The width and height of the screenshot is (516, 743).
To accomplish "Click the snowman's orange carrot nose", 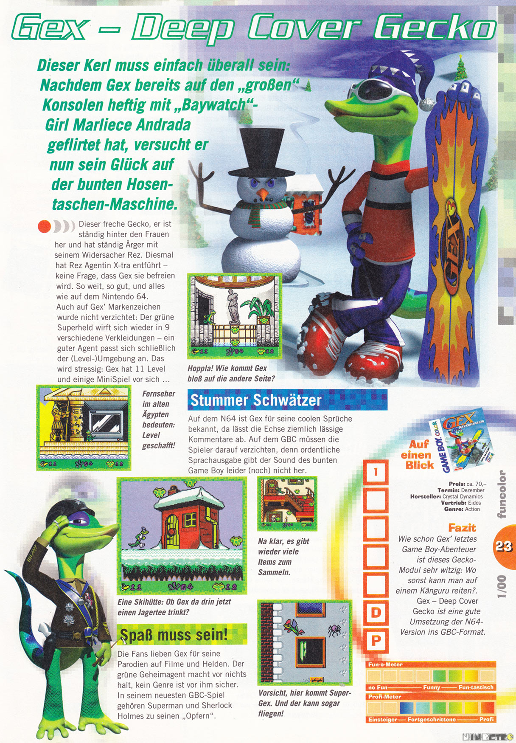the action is (264, 194).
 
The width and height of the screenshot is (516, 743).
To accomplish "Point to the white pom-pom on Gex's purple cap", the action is (425, 103).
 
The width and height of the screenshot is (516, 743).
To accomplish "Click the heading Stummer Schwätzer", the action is (256, 400).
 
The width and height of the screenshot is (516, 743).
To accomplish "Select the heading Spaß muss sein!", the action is (174, 635).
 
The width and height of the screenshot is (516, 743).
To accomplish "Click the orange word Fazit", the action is (462, 528).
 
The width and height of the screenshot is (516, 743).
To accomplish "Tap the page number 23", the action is (504, 546).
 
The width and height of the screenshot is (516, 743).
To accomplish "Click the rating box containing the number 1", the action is (376, 472).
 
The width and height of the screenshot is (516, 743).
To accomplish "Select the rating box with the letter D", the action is (376, 613).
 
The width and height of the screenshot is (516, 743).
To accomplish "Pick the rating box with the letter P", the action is (376, 640).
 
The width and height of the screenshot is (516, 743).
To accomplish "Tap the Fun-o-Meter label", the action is (385, 664).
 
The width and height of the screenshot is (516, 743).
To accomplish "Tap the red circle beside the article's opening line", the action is (44, 226).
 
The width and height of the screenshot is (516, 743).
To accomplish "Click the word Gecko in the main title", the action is (435, 28).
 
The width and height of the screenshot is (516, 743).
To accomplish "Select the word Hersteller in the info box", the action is (425, 496).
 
